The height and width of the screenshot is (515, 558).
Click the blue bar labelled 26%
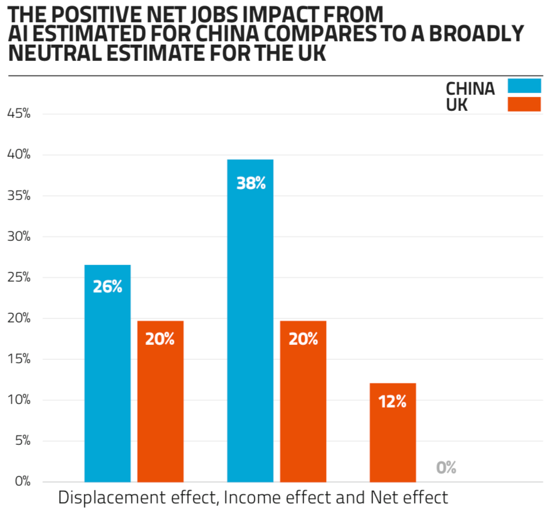click(x=107, y=374)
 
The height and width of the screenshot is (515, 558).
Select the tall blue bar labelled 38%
click(x=250, y=322)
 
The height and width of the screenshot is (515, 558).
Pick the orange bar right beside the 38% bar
click(x=303, y=402)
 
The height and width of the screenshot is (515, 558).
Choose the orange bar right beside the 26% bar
click(x=160, y=402)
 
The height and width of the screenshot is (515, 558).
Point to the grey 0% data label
click(x=446, y=467)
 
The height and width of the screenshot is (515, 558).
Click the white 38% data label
click(x=251, y=184)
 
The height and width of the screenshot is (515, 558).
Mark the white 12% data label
click(x=393, y=402)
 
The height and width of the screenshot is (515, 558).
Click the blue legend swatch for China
click(x=524, y=86)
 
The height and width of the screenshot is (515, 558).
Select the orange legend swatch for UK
click(x=524, y=105)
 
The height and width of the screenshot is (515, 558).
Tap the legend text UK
click(x=457, y=105)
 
